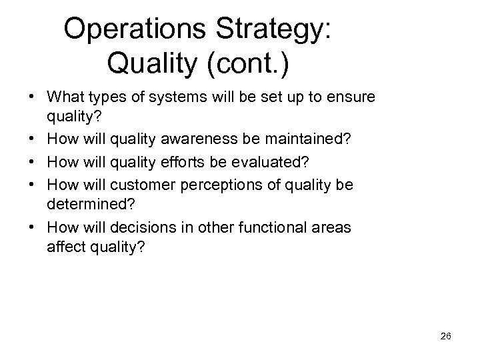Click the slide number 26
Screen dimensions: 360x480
coord(446,337)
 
